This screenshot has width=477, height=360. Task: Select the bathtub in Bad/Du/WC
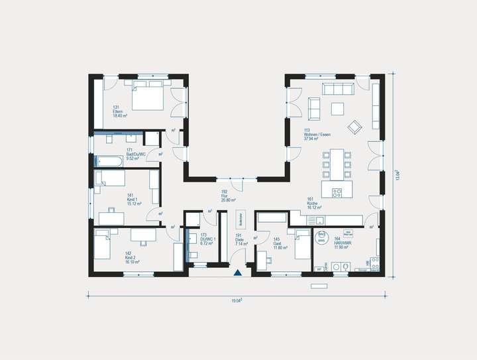click(109, 161)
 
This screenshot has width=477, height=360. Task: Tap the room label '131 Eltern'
click(120, 111)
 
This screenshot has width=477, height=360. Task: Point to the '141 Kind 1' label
click(132, 199)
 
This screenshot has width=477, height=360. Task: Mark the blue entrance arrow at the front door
click(237, 272)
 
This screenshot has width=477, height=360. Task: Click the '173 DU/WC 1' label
click(208, 239)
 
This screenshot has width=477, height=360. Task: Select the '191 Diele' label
click(240, 239)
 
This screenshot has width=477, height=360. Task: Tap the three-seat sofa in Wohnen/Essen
click(337, 90)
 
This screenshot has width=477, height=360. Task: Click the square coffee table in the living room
click(339, 108)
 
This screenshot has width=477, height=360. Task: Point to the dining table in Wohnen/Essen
click(338, 164)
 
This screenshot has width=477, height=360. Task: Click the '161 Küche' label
click(313, 203)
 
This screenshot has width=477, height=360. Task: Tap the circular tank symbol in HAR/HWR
click(322, 237)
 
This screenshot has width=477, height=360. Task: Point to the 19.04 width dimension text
click(237, 301)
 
